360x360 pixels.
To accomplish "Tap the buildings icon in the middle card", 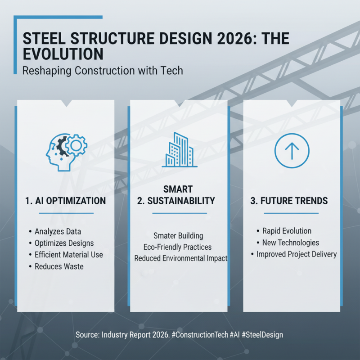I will click(x=179, y=150).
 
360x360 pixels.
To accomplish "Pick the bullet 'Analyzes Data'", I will click(x=58, y=231).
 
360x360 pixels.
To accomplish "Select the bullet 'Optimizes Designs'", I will click(x=64, y=243).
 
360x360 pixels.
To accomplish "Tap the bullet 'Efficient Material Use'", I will click(x=68, y=255).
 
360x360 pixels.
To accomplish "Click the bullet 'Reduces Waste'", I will click(x=59, y=266).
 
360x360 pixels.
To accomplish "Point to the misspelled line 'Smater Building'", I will click(x=178, y=236).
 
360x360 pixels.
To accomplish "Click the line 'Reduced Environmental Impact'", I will click(x=181, y=258).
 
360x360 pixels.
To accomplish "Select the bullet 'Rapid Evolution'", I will click(x=287, y=231).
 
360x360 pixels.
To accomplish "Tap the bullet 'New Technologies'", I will click(x=290, y=243).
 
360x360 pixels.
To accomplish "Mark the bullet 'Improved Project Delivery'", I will click(x=296, y=254).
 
